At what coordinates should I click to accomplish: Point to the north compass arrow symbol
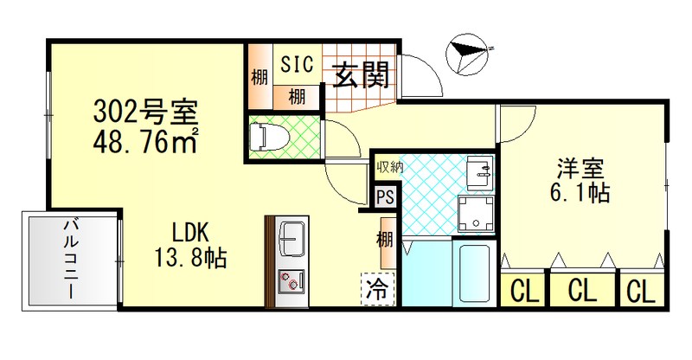click(466, 53)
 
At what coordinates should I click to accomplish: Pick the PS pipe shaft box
click(385, 197)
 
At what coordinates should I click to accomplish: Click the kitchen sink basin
click(291, 235)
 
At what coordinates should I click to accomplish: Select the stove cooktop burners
click(290, 280)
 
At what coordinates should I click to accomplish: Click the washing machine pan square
click(476, 213)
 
